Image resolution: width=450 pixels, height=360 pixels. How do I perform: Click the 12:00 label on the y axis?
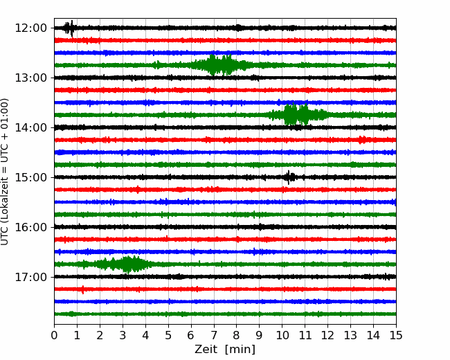tap(30, 28)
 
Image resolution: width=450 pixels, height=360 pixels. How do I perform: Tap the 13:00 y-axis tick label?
tap(30, 78)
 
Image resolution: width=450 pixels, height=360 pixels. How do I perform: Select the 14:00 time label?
tap(30, 127)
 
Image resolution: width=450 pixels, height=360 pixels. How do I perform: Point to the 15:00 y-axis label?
tap(30, 177)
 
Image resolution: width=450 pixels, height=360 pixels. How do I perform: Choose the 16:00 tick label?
tap(30, 227)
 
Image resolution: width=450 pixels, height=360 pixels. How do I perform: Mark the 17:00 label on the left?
tap(30, 277)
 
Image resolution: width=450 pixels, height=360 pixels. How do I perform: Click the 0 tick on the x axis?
tap(54, 335)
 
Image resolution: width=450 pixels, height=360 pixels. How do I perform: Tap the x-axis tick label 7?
tap(214, 335)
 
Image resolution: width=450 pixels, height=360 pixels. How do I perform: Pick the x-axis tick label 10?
tap(282, 335)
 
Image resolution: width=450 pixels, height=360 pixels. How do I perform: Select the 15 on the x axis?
tap(396, 335)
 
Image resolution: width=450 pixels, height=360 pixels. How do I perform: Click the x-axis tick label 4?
tap(145, 335)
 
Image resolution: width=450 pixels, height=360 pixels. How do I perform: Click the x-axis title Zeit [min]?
tap(225, 350)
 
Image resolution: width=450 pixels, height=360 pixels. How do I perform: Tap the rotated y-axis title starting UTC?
tap(4, 172)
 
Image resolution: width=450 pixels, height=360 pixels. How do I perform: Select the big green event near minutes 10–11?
tap(297, 114)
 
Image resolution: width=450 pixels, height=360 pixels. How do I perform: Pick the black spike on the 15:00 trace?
tap(289, 177)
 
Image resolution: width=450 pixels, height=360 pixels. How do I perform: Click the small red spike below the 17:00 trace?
tap(83, 289)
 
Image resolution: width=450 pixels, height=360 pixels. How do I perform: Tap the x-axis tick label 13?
tap(350, 335)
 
